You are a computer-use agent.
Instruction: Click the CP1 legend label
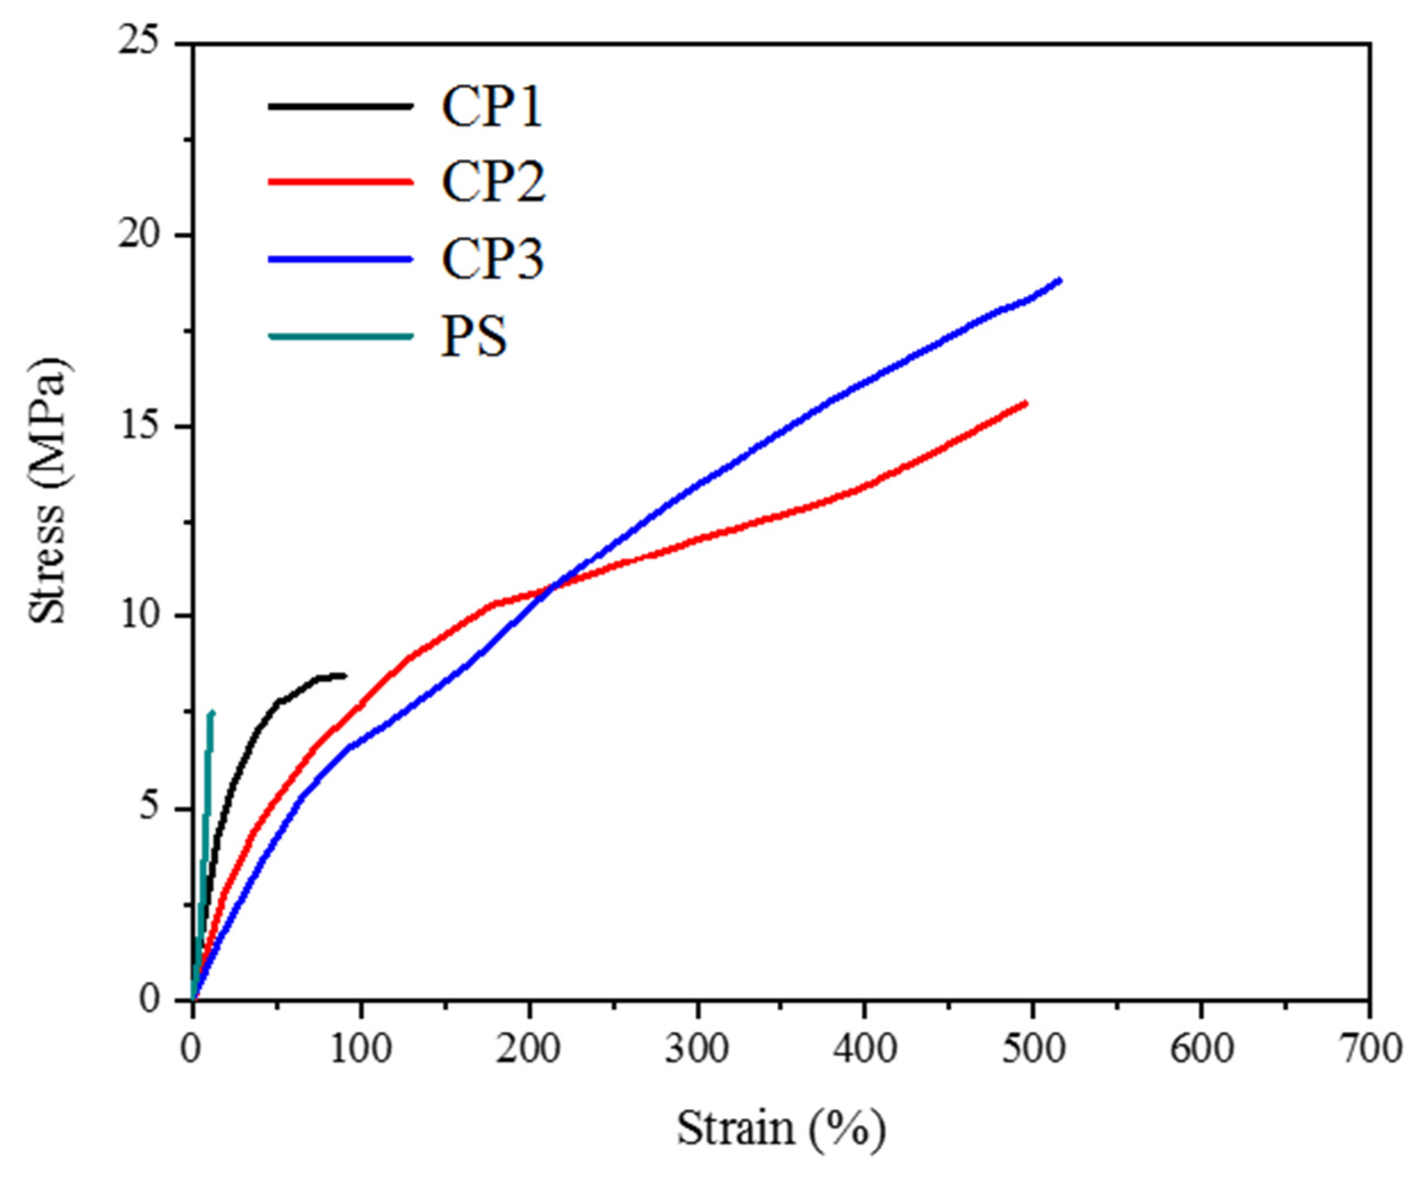click(492, 107)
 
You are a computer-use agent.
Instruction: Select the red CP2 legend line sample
click(340, 182)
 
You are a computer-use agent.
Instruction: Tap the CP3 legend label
click(492, 259)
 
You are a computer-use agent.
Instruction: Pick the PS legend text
click(474, 336)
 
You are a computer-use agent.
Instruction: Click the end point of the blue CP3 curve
click(1059, 280)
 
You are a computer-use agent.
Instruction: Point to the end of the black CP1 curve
click(344, 675)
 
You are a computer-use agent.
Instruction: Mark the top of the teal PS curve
click(212, 713)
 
